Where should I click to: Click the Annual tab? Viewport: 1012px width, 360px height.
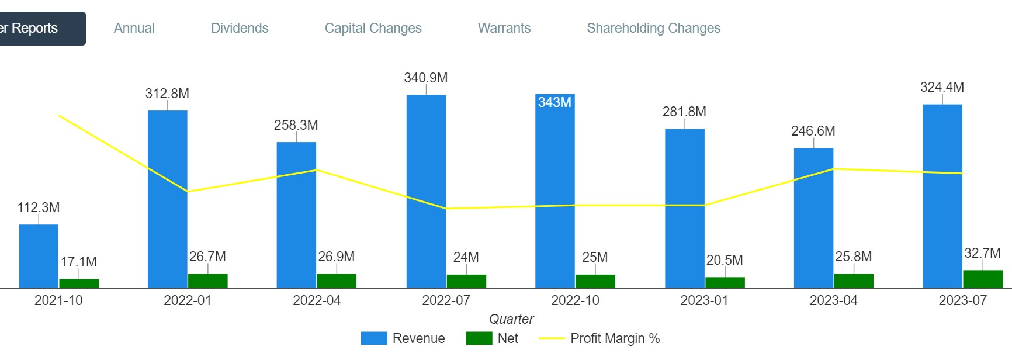[134, 28]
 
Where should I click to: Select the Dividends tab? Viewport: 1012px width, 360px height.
[240, 28]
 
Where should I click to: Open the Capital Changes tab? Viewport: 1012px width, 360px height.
[373, 28]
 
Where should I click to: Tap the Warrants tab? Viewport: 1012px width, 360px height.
[504, 28]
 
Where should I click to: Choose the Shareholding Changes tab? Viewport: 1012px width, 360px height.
[653, 28]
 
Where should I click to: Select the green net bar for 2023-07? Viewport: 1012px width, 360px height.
[982, 279]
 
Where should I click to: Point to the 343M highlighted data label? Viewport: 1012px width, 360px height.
[554, 102]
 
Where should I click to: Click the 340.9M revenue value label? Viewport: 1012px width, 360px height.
[426, 78]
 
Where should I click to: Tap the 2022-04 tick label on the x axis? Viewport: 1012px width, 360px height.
[317, 300]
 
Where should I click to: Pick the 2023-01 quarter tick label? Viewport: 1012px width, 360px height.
[704, 300]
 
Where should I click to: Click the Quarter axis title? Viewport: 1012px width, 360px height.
[511, 319]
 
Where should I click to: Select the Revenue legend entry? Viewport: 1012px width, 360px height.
[403, 338]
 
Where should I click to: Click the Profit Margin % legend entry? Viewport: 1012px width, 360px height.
[599, 338]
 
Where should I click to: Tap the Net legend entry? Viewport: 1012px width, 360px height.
[493, 338]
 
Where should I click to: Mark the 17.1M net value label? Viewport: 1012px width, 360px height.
[79, 262]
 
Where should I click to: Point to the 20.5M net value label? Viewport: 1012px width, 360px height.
[725, 260]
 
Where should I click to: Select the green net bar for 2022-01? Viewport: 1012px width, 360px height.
[207, 281]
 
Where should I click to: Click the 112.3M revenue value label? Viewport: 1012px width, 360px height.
[39, 207]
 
